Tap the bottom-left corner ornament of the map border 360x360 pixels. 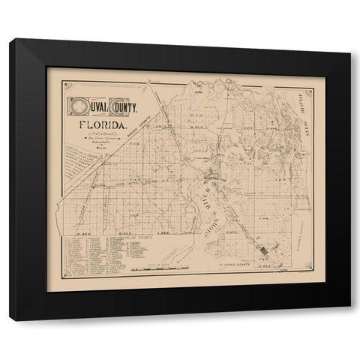[68, 273]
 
